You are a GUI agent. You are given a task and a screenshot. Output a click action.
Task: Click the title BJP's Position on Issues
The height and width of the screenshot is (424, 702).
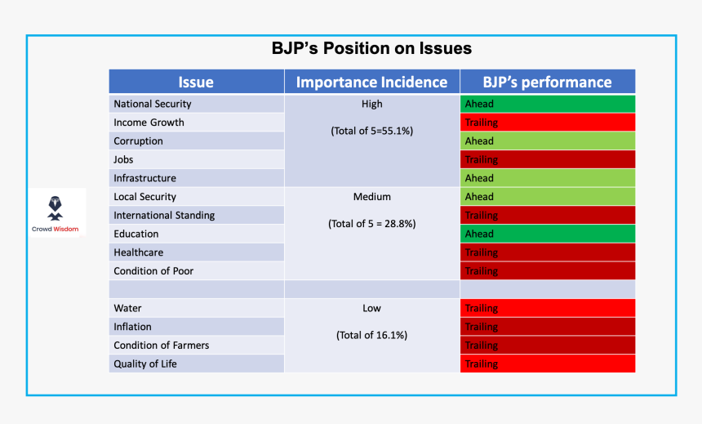[x=371, y=48]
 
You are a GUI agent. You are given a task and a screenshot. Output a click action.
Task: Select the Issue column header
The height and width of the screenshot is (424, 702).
[x=196, y=82]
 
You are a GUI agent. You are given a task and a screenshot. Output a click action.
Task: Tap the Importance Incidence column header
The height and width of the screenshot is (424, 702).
[x=371, y=82]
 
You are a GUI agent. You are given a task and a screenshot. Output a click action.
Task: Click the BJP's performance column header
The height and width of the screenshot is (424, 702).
[x=547, y=82]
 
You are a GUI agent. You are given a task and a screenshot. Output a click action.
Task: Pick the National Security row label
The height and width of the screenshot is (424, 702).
[x=153, y=104]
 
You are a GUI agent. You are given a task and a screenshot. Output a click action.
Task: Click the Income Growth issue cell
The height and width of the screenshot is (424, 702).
[x=149, y=123]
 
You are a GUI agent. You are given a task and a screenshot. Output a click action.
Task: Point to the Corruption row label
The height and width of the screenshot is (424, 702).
[x=139, y=141]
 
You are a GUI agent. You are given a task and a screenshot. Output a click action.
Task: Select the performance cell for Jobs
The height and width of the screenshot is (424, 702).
[x=547, y=160]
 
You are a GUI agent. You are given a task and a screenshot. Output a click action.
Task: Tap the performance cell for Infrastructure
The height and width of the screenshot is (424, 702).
[x=547, y=178]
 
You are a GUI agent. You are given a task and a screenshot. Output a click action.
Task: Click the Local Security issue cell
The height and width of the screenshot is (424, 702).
[x=145, y=197]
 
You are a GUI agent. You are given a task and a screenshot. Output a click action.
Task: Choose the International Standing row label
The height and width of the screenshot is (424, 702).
[x=164, y=216]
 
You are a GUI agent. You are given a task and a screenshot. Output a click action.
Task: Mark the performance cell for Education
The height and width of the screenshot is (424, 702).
[x=547, y=234]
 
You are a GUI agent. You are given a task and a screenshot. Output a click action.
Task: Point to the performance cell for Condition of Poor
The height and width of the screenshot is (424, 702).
[x=547, y=271]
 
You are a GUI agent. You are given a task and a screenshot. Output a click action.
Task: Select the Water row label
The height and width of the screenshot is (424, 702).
[x=128, y=309]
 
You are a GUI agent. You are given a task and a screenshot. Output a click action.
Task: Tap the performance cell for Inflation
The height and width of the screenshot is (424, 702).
[x=547, y=327]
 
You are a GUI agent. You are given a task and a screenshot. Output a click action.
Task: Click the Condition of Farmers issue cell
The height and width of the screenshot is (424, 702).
[x=162, y=346]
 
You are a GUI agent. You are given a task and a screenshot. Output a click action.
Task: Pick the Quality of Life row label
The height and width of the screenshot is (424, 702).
[x=145, y=364]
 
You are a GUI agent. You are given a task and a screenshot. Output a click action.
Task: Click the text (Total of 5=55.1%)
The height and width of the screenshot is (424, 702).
[x=371, y=131]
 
